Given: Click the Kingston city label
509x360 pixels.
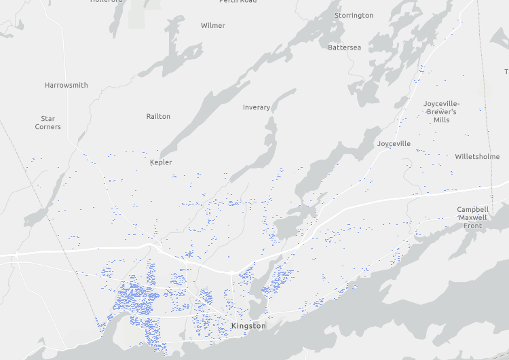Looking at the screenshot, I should [248, 326].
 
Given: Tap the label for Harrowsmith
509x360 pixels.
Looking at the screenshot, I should [67, 86].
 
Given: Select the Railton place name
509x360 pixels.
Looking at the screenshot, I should [158, 117].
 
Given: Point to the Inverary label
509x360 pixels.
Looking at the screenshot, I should [257, 107].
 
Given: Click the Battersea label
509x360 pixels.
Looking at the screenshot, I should [344, 48].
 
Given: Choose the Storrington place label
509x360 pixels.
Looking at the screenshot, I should [354, 16].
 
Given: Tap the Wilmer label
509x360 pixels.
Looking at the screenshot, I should [213, 26].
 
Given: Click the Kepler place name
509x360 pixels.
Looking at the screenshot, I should [161, 162].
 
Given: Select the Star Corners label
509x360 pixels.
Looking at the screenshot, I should [48, 123].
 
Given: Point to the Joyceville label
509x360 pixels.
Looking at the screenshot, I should [394, 144].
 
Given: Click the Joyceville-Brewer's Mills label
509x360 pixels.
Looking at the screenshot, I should [441, 111].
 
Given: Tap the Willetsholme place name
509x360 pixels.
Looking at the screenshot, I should [477, 156].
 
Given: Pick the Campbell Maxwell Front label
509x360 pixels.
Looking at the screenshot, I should [472, 217].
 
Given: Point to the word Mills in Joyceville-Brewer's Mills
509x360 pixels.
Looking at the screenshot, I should [441, 120].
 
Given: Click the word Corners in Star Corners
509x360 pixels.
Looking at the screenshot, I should [48, 127].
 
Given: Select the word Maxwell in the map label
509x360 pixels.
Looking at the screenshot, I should [472, 217].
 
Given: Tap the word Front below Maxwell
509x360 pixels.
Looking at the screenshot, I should [472, 226].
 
